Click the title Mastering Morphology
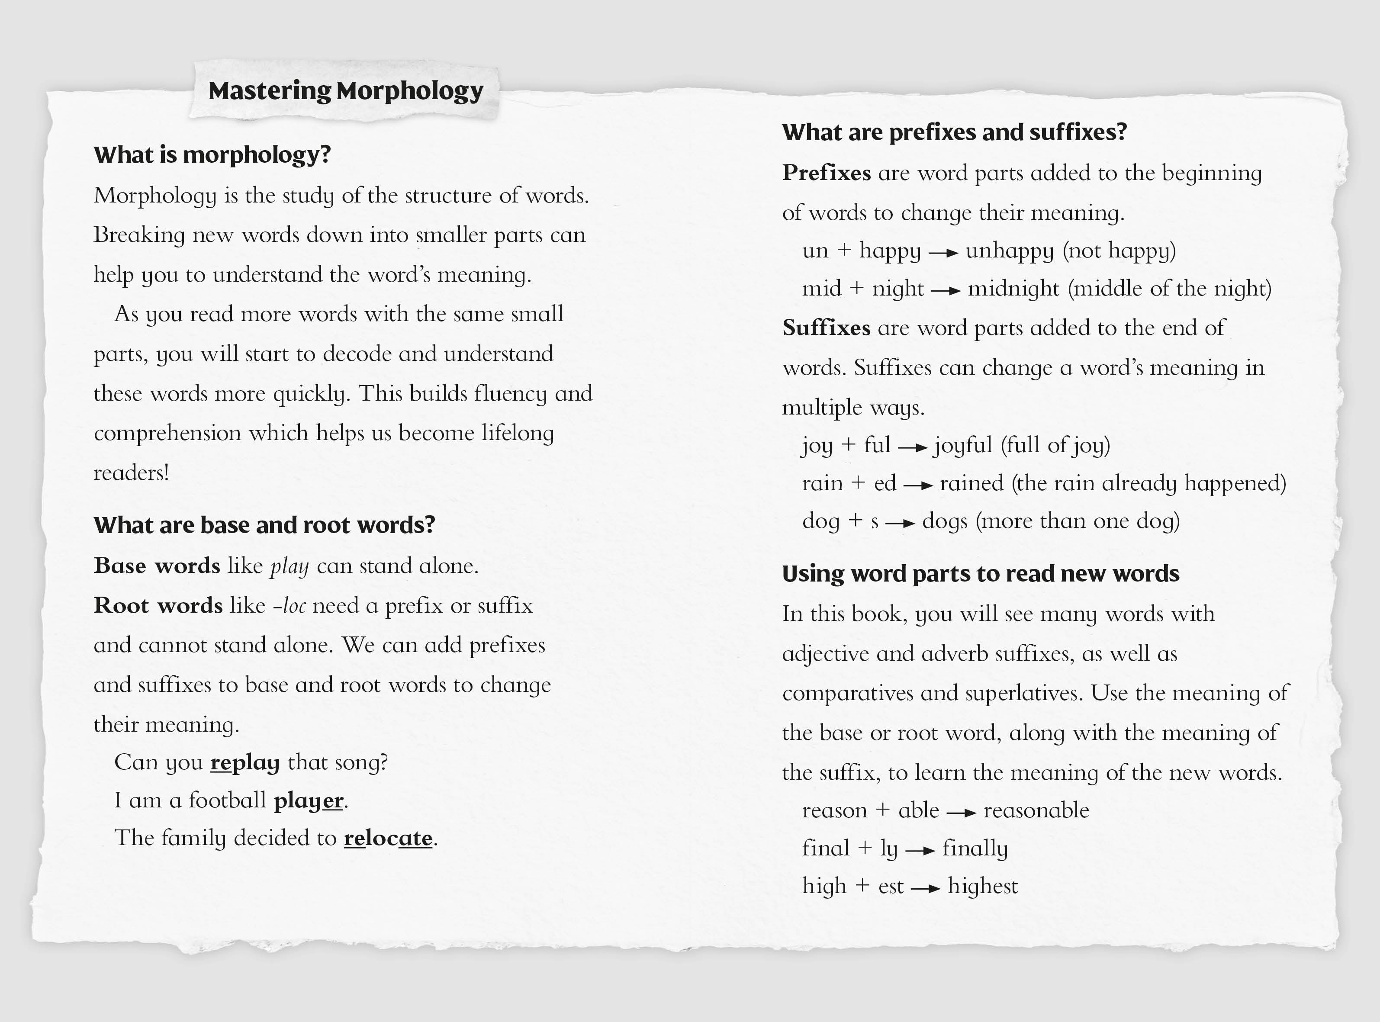pyautogui.click(x=345, y=91)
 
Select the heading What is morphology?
pyautogui.click(x=212, y=154)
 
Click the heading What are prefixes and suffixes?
pyautogui.click(x=955, y=132)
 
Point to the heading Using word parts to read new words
pyautogui.click(x=981, y=573)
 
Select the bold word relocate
pyautogui.click(x=388, y=838)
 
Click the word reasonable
pyautogui.click(x=1036, y=810)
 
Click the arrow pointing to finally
pyautogui.click(x=920, y=851)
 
